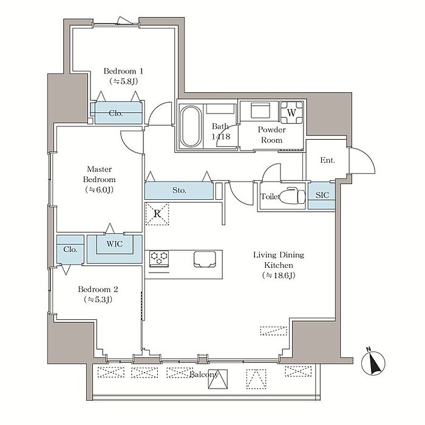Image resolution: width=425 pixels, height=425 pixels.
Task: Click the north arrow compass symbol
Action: tap(373, 362)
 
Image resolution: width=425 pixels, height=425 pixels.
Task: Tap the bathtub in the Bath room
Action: tap(191, 126)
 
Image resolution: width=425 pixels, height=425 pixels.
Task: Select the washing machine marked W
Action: tap(291, 112)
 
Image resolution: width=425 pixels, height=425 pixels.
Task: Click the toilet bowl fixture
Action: tap(293, 195)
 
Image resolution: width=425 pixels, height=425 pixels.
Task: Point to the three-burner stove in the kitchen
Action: tap(159, 259)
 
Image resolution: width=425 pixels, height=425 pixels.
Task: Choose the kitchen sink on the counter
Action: tap(205, 259)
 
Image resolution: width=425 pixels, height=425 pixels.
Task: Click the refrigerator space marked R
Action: tap(157, 214)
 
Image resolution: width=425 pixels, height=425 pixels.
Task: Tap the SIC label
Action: tap(322, 195)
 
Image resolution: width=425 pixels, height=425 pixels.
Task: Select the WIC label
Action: tap(115, 243)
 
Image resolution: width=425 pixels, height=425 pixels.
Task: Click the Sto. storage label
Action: tap(180, 191)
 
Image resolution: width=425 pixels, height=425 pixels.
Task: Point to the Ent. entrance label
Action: tap(327, 160)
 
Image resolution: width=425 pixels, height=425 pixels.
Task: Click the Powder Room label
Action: tap(271, 135)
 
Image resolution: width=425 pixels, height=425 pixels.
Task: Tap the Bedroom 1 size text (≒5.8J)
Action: tap(124, 81)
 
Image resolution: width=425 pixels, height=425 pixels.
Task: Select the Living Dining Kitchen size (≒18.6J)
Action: tap(279, 276)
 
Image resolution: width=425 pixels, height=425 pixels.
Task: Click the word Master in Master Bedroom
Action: tap(99, 169)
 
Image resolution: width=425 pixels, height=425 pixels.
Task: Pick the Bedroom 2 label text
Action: tap(98, 289)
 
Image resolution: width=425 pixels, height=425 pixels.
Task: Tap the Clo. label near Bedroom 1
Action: tap(116, 114)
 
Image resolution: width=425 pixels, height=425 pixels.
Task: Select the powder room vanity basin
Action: tap(260, 110)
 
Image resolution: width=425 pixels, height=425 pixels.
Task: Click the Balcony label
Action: tap(203, 375)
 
